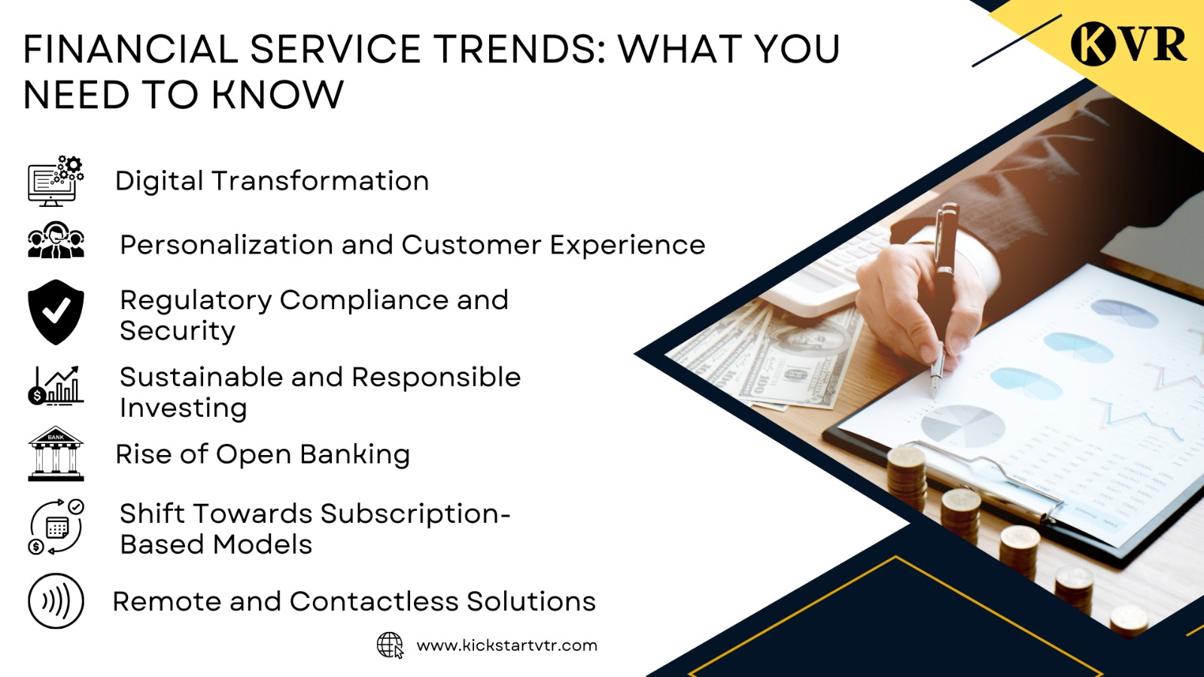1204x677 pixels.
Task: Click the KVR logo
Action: [1128, 43]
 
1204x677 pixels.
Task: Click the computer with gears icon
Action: [56, 181]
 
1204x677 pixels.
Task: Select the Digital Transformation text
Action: [272, 181]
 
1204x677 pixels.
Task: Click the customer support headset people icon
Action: [56, 241]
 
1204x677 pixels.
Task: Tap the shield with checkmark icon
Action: [56, 312]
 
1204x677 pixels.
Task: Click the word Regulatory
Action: [195, 300]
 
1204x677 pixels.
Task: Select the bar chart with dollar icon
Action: [56, 386]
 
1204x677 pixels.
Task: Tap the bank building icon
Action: [56, 454]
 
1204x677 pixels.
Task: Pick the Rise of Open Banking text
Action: [263, 454]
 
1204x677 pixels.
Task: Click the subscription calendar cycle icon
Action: [56, 527]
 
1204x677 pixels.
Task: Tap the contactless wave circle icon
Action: [56, 601]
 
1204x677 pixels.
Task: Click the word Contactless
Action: [373, 602]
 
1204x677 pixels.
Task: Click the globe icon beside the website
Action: [390, 645]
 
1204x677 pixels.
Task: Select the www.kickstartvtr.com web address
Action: [506, 645]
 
